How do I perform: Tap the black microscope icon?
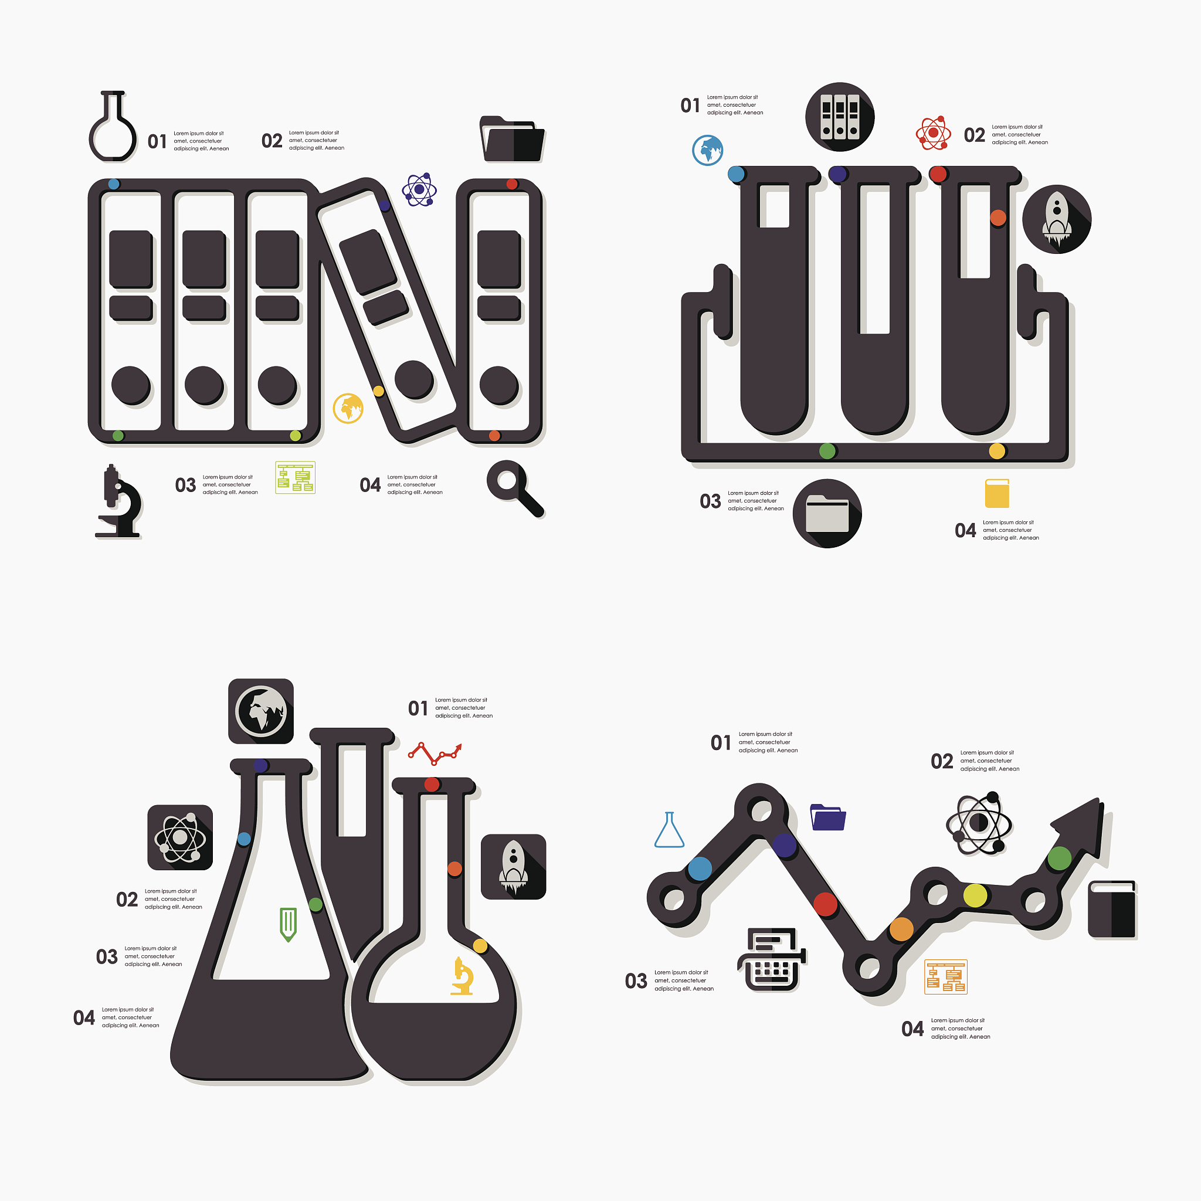click(118, 500)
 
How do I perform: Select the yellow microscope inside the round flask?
click(463, 976)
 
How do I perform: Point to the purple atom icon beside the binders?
click(419, 189)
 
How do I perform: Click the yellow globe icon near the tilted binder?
click(348, 408)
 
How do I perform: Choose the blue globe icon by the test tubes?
click(707, 150)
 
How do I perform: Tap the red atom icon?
click(933, 133)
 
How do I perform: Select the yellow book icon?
click(997, 493)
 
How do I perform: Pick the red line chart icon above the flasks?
click(435, 754)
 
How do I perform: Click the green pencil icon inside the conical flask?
click(288, 924)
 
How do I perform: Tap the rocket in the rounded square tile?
click(514, 867)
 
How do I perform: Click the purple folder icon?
click(828, 817)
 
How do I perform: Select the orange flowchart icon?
click(945, 976)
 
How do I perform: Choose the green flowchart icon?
click(296, 477)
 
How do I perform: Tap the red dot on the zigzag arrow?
click(826, 904)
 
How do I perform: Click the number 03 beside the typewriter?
click(636, 981)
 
